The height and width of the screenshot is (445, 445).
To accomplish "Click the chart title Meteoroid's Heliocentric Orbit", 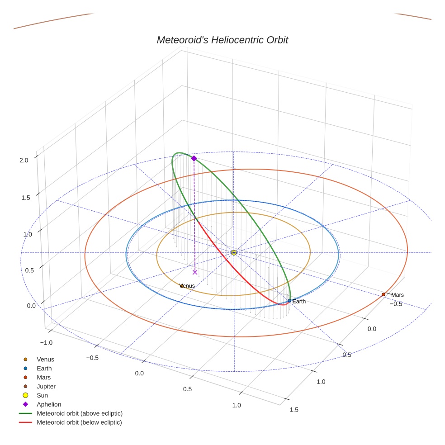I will click(x=222, y=40).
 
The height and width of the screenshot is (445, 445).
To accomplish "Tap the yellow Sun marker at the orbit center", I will click(x=234, y=252).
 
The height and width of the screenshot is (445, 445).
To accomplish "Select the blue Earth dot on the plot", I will click(x=289, y=301).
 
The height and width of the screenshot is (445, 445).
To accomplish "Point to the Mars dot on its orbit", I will click(x=383, y=294).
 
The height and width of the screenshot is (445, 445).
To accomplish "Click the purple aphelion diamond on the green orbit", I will click(x=194, y=158).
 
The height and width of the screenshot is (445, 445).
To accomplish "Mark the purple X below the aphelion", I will click(x=195, y=272).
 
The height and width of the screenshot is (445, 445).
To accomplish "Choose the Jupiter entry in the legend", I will click(x=46, y=386).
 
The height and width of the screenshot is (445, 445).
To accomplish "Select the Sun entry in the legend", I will click(x=42, y=395).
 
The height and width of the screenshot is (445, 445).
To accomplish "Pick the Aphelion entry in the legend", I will click(x=48, y=404).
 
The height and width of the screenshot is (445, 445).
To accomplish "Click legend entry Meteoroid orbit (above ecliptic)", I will click(x=80, y=413).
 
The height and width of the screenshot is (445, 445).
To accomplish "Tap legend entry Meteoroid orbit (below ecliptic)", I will click(x=79, y=422).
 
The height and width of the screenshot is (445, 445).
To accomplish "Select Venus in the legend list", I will click(x=45, y=359).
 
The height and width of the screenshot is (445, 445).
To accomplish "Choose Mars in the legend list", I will click(x=43, y=377).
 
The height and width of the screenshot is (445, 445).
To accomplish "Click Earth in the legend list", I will click(x=44, y=368).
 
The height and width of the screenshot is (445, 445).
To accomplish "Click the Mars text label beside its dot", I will click(x=398, y=295).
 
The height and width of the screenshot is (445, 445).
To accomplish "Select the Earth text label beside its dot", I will click(x=299, y=301).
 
